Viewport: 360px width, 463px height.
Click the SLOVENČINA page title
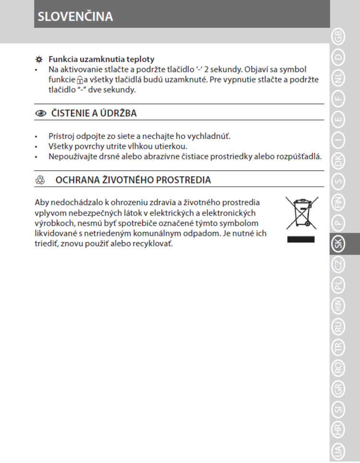(75, 16)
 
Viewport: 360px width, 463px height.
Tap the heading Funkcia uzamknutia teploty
(101, 60)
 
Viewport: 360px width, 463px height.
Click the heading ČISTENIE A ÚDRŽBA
(94, 113)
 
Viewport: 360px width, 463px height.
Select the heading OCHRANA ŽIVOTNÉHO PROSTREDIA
(133, 180)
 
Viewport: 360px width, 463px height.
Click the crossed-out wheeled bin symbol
(300, 212)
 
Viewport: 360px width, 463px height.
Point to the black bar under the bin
(300, 239)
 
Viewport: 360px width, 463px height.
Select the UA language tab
(339, 451)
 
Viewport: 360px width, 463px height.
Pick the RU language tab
(339, 328)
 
